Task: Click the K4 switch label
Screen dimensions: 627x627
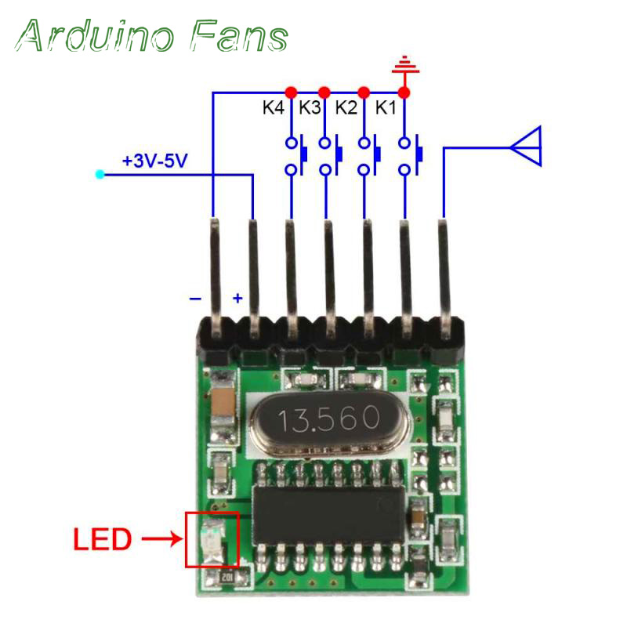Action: point(274,108)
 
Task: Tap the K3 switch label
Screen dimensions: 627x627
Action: point(310,108)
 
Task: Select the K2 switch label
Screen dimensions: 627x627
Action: point(346,108)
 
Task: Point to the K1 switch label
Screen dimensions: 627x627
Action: point(385,108)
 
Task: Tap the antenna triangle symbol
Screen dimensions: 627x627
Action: point(525,146)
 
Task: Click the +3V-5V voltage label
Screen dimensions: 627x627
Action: point(154,161)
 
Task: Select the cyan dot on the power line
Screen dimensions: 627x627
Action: point(99,174)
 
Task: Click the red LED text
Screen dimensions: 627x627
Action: point(102,540)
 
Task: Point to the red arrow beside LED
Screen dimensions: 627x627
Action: point(161,539)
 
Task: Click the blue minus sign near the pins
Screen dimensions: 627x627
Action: point(195,299)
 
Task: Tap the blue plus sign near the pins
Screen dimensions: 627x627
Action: point(237,299)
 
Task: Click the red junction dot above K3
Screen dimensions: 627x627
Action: point(324,92)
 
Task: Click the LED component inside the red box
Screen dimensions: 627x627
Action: point(211,539)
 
